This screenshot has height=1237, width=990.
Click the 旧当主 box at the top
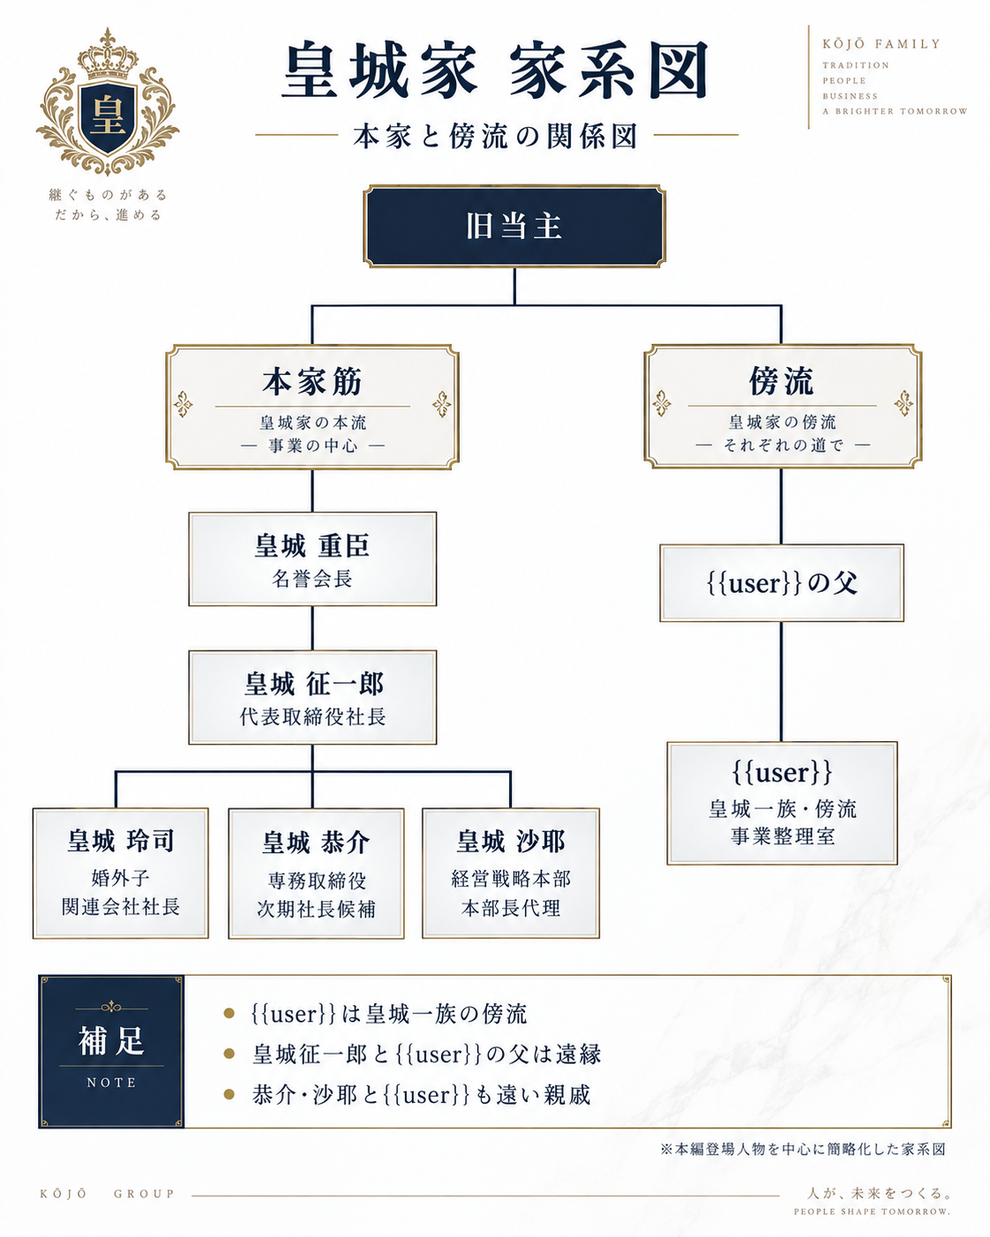[x=514, y=226]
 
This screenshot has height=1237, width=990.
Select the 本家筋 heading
[x=312, y=382]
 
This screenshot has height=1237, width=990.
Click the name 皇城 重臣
[x=312, y=545]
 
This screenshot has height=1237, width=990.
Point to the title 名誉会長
[x=312, y=578]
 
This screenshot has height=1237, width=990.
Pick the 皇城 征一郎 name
[x=314, y=684]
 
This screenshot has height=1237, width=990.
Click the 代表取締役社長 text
[x=312, y=716]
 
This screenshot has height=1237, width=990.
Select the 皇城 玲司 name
[x=121, y=840]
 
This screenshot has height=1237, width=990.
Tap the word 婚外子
[x=120, y=878]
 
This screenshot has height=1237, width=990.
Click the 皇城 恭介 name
[x=316, y=843]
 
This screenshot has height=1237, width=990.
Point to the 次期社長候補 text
[x=316, y=909]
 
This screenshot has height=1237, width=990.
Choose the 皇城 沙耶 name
[x=511, y=842]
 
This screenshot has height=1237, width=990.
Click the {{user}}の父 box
[x=782, y=583]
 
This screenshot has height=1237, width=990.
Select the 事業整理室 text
[x=783, y=836]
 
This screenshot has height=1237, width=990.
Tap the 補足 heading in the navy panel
[x=111, y=1041]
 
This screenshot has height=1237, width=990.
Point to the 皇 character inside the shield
[x=108, y=116]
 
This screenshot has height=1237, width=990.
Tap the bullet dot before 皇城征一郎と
[x=229, y=1053]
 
